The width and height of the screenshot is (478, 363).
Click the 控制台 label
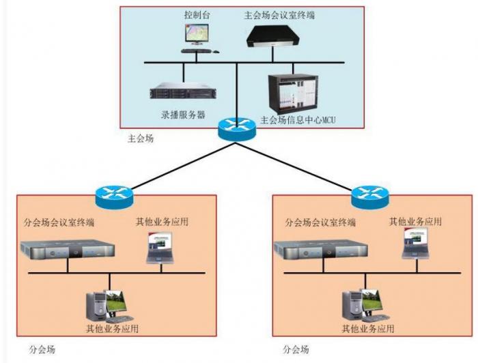coord(197,14)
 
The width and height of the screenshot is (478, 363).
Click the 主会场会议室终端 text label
coord(280,14)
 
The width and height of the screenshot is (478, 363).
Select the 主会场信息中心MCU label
coord(298,121)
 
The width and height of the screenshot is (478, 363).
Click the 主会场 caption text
coord(141,139)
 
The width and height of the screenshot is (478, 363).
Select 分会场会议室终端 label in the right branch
coord(320,222)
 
